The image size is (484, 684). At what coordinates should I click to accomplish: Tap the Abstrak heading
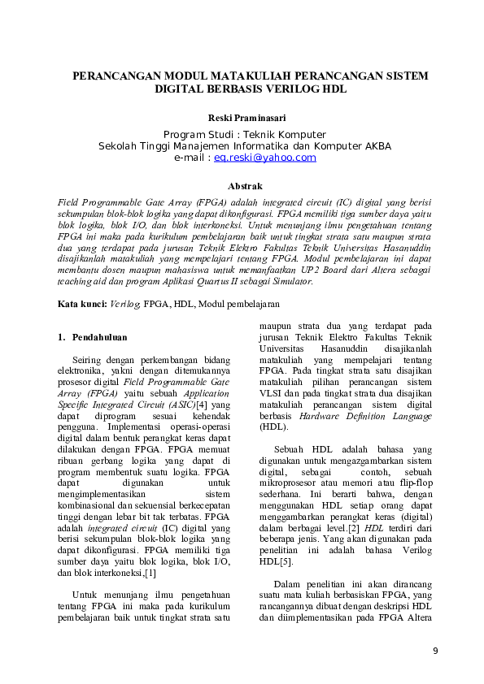tap(245, 186)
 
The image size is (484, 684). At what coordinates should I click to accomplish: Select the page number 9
tap(435, 651)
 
